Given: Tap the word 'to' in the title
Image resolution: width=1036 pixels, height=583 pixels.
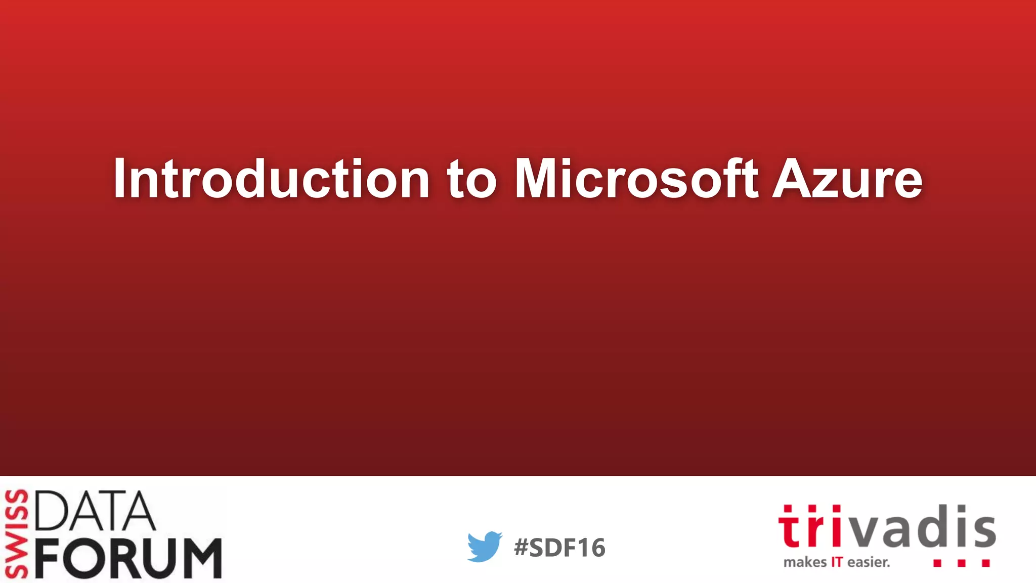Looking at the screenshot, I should tap(471, 179).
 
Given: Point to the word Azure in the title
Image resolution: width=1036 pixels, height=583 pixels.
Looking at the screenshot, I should tap(847, 179).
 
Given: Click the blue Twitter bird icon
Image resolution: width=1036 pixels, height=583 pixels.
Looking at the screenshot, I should tap(485, 547).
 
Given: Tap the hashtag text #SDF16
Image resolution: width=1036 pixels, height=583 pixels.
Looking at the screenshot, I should tap(559, 548).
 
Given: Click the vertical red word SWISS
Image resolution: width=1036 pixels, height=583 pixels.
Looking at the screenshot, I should tap(16, 533).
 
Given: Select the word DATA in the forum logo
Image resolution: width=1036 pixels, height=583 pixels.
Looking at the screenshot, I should tap(95, 511).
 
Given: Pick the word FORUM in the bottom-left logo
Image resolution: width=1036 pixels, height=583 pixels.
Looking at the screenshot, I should tap(129, 558).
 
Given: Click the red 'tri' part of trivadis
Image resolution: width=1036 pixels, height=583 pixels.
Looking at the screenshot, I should tap(809, 527).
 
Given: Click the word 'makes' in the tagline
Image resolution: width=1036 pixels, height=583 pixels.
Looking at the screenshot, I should tap(805, 562).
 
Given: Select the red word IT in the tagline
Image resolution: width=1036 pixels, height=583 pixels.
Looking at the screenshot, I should tap(837, 562).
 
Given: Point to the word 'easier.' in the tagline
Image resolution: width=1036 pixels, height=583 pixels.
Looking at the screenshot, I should tap(869, 562).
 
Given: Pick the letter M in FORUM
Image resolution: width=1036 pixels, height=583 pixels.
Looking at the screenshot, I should tap(199, 558).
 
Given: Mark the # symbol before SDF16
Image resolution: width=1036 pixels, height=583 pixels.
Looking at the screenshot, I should tap(521, 548).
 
